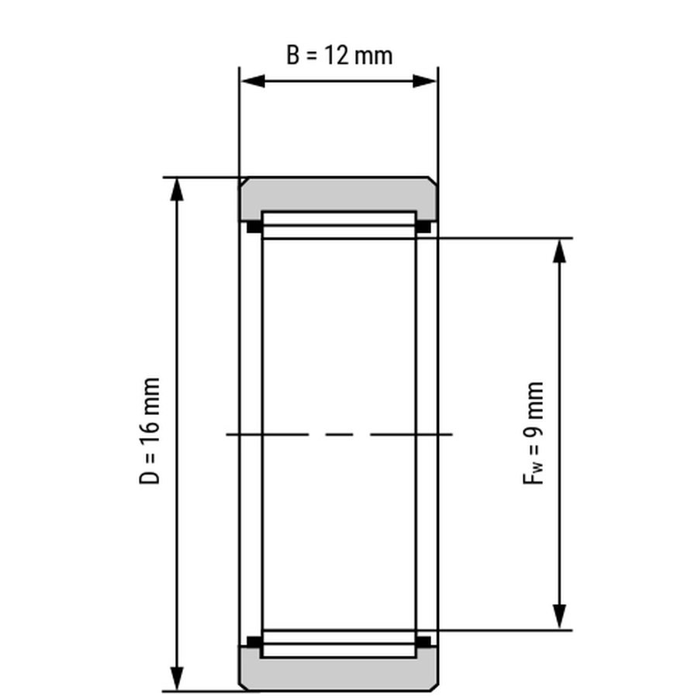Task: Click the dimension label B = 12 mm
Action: pos(339,55)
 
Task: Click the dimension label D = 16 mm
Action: pos(149,431)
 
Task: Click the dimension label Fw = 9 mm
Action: pos(533,433)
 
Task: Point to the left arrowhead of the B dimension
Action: pos(253,81)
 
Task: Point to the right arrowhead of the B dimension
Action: pos(424,81)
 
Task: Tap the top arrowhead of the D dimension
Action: pos(177,190)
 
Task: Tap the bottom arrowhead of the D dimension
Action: pos(177,679)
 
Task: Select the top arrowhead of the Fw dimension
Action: pos(559,251)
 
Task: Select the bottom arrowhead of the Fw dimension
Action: pos(559,617)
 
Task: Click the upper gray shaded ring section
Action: pos(339,194)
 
